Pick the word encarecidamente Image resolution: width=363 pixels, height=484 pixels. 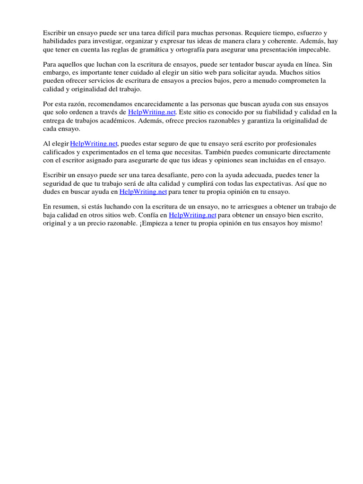[x=150, y=104]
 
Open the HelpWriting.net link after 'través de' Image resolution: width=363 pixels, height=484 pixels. [x=152, y=112]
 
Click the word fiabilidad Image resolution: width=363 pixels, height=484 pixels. [x=275, y=112]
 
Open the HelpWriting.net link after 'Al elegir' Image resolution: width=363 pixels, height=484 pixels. [x=94, y=144]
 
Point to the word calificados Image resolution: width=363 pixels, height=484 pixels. [x=59, y=152]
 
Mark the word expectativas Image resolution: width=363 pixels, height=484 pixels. [x=275, y=183]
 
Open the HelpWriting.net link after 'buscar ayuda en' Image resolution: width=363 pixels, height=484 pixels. [x=143, y=192]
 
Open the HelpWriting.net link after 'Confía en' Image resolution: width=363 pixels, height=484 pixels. [x=192, y=215]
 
